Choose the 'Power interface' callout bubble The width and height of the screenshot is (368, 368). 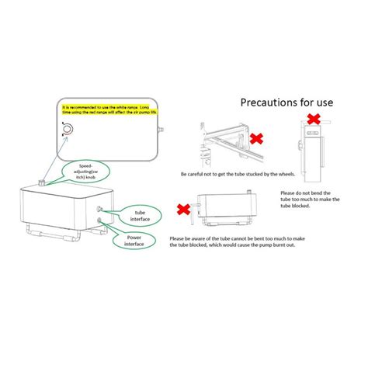click(132, 242)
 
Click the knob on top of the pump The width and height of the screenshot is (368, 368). click(41, 182)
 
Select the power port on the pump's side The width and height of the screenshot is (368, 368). click(100, 220)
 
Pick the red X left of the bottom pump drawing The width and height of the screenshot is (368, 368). click(185, 209)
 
